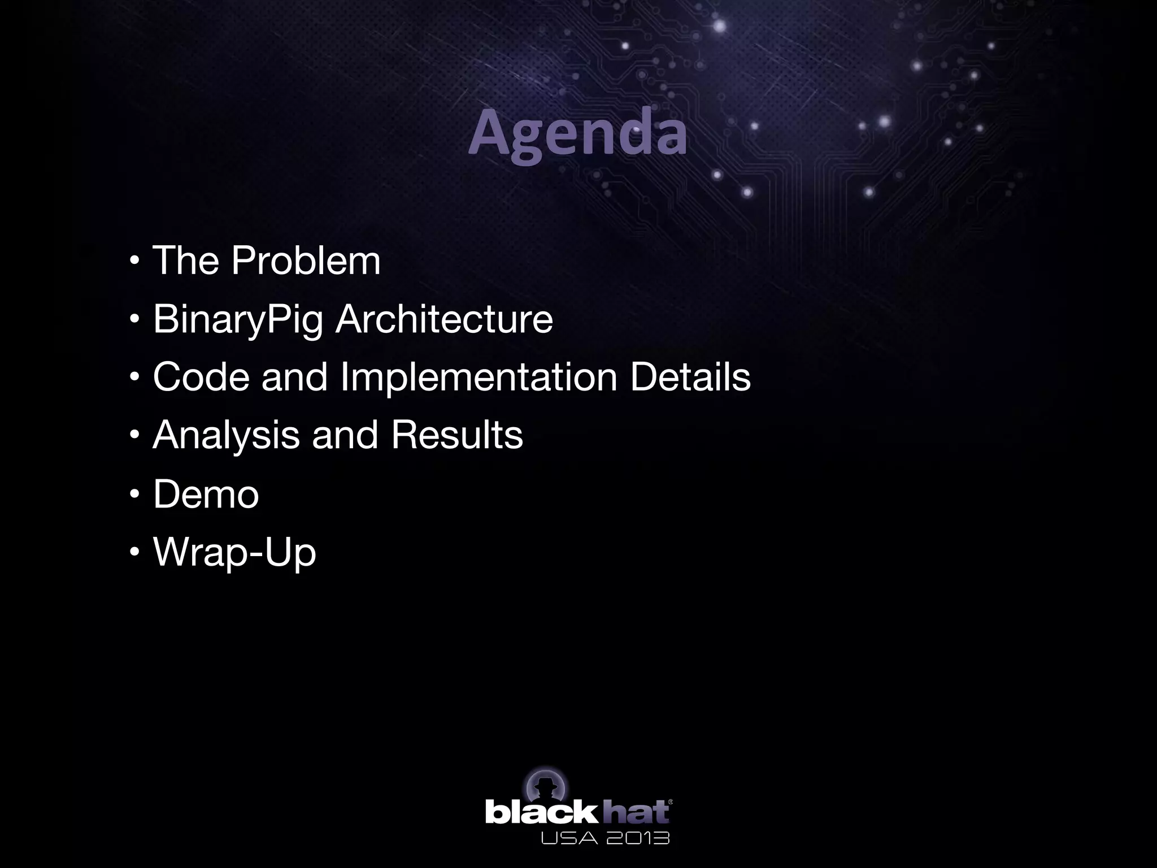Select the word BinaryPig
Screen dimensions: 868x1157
[237, 319]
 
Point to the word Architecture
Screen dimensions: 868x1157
[444, 319]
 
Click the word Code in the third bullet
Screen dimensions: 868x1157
[201, 377]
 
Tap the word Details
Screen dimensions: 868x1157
[690, 377]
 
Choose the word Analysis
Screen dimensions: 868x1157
[226, 436]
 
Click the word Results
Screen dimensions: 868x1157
[456, 435]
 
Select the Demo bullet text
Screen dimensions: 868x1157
[206, 494]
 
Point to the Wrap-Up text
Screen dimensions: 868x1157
[234, 553]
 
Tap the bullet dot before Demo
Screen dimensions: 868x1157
[134, 495]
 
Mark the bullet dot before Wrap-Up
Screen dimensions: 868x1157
[134, 553]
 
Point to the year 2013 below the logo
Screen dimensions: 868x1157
[637, 837]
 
